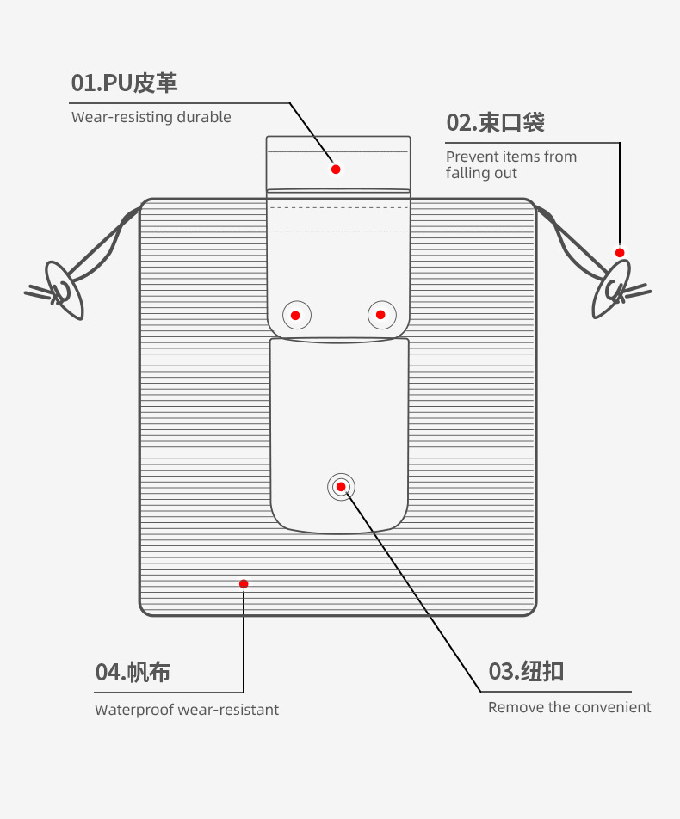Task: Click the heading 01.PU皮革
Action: tap(125, 83)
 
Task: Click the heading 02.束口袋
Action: tap(496, 123)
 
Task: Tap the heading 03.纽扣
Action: tap(526, 671)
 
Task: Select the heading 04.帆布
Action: tap(133, 672)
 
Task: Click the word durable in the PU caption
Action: tap(204, 116)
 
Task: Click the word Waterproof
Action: tap(133, 710)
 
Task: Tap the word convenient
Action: tap(618, 707)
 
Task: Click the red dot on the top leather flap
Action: tap(336, 169)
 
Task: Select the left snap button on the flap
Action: tap(296, 315)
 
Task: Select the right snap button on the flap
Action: tap(381, 315)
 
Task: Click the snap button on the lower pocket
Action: tap(341, 487)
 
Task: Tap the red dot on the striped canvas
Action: tap(244, 584)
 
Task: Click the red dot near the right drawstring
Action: tap(620, 253)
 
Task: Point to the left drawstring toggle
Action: tap(64, 291)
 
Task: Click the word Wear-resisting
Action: tap(122, 117)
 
